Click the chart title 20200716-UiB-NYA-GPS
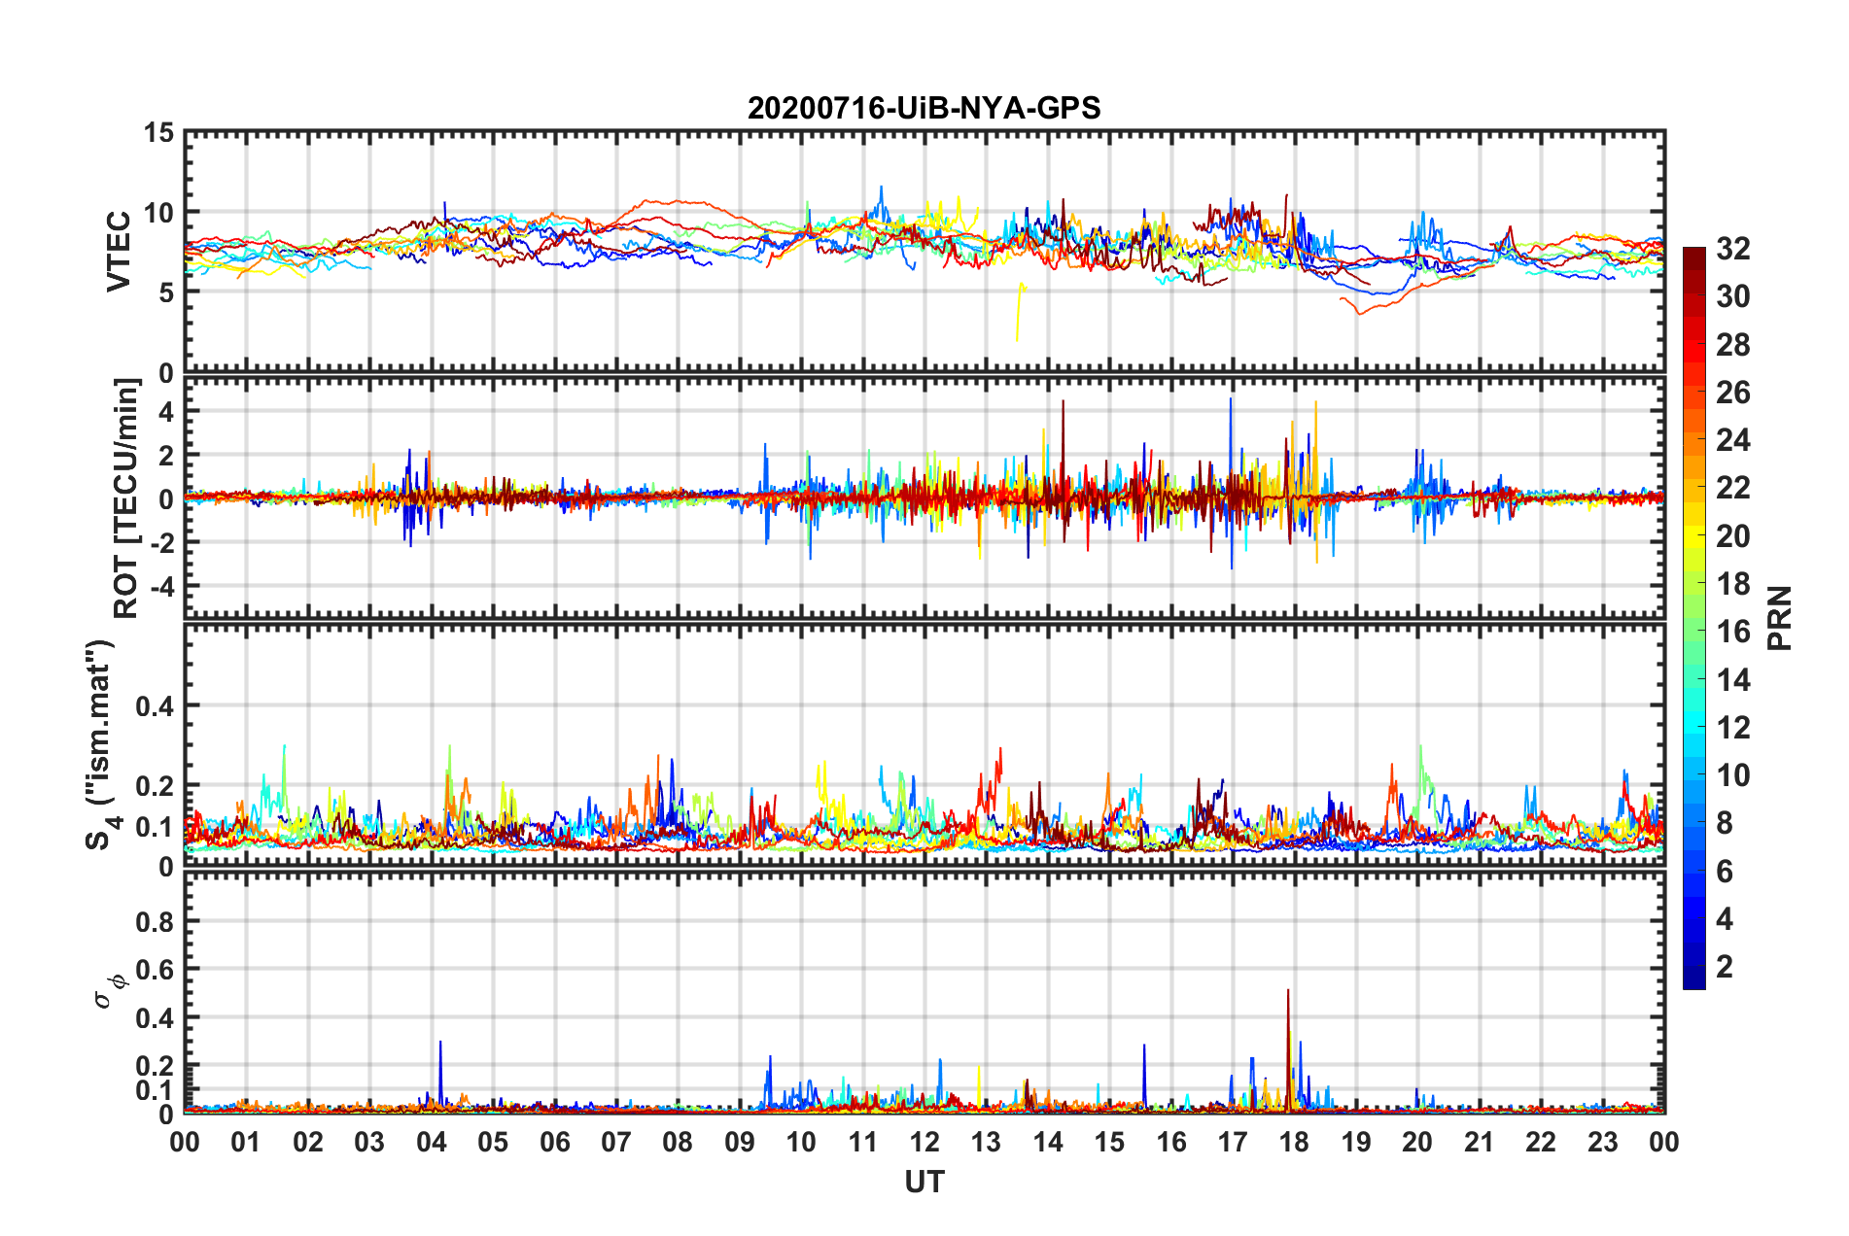[924, 108]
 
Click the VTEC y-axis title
[119, 251]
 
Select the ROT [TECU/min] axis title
[125, 498]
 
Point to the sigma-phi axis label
[106, 990]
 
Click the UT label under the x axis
[924, 1182]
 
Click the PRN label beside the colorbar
[1780, 618]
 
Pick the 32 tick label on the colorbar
[1732, 249]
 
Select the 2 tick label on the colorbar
[1725, 967]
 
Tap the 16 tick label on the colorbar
[1732, 632]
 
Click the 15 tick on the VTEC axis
[157, 132]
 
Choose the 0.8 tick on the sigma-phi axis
[154, 921]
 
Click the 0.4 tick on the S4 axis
[154, 706]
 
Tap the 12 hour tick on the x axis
[924, 1142]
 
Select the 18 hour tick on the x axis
[1294, 1142]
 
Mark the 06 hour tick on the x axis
[554, 1142]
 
